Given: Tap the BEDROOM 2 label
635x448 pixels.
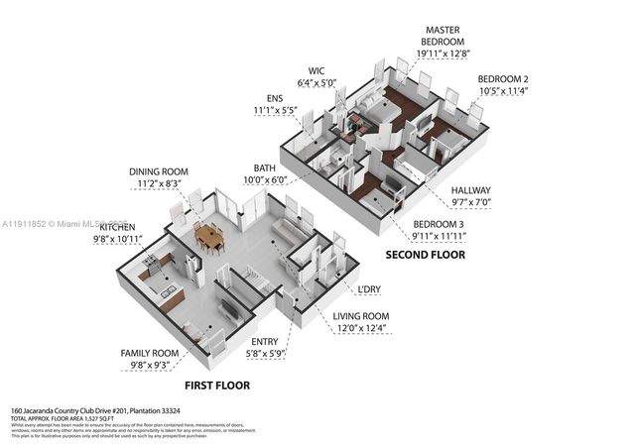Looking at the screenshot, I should point(503,78).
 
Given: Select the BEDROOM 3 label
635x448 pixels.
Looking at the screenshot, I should point(440,223).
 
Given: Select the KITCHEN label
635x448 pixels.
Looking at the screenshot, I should point(116,227).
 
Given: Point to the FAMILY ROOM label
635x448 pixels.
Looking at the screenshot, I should point(149,353).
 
